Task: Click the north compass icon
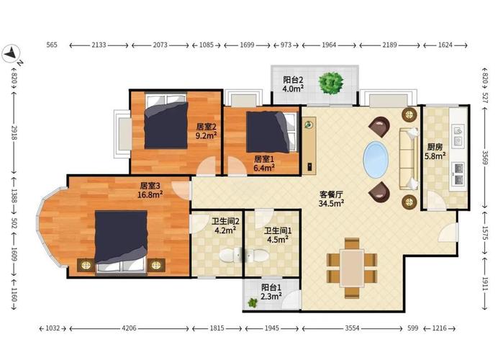12,53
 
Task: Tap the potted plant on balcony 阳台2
331,83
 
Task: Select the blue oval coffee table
376,159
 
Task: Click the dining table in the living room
352,269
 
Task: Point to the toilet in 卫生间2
230,255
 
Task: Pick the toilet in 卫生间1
255,256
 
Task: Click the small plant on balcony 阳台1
253,303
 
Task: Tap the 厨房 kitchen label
435,147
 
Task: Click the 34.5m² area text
331,203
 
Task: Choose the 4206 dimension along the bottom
129,328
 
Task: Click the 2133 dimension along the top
99,45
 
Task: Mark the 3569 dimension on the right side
484,158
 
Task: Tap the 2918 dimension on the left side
14,132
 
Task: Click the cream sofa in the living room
409,159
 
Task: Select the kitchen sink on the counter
458,135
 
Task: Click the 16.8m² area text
150,194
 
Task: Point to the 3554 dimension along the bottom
352,328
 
